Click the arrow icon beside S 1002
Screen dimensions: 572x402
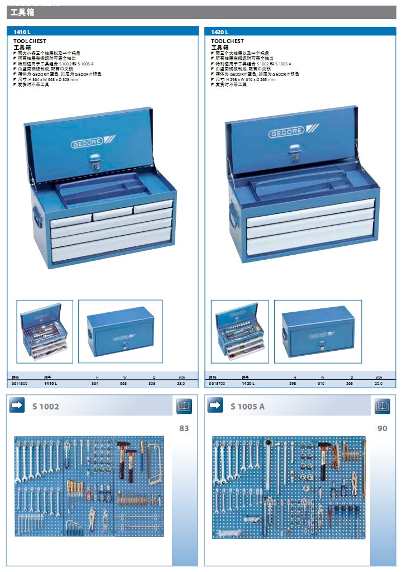pyautogui.click(x=17, y=406)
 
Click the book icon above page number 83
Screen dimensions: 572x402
pyautogui.click(x=184, y=406)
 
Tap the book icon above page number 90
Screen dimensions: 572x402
pyautogui.click(x=382, y=406)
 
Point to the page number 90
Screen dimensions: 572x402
pyautogui.click(x=382, y=428)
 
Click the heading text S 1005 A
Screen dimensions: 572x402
pyautogui.click(x=247, y=407)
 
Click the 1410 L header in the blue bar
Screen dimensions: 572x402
pyautogui.click(x=21, y=32)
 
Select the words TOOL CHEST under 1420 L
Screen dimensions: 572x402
pyautogui.click(x=227, y=41)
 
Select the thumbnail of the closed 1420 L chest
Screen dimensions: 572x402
pyautogui.click(x=318, y=331)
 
